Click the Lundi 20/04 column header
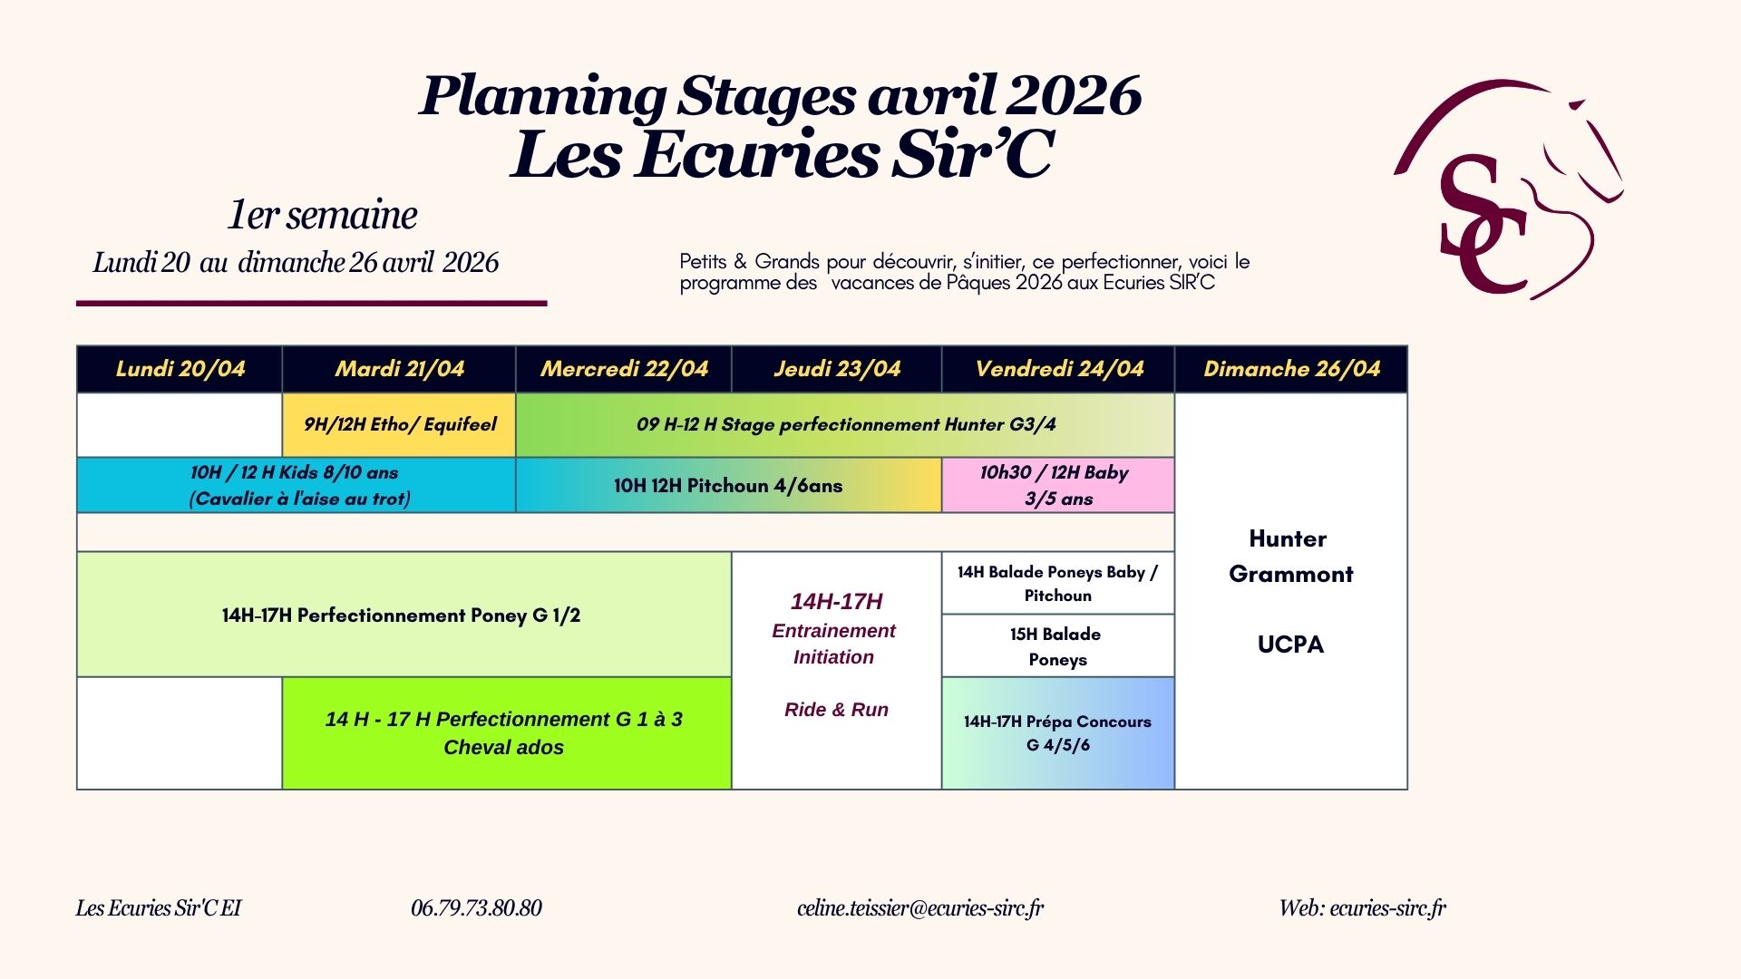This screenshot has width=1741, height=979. click(x=180, y=369)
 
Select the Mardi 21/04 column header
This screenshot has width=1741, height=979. click(x=399, y=369)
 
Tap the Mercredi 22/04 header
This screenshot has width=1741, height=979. click(x=624, y=369)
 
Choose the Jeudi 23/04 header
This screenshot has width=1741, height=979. click(x=837, y=369)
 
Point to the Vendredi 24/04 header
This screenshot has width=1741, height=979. click(x=1058, y=369)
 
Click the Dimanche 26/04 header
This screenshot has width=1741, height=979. click(x=1291, y=369)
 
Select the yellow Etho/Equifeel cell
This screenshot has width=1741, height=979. click(x=399, y=425)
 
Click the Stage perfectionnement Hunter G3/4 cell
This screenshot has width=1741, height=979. click(x=845, y=425)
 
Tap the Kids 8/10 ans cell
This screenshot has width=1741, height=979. click(x=297, y=485)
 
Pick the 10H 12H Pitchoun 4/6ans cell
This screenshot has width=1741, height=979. click(x=728, y=485)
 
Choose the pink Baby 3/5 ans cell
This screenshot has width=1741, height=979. click(x=1058, y=485)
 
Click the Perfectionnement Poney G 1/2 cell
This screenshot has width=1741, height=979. click(x=404, y=615)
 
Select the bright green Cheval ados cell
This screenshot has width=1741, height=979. click(x=507, y=733)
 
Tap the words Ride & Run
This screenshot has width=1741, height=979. click(x=836, y=710)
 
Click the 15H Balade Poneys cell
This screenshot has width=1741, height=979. click(x=1058, y=646)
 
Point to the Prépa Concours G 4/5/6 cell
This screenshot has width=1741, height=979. click(x=1058, y=733)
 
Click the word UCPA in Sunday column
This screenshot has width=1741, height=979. click(x=1290, y=645)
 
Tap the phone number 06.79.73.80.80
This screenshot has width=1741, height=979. click(x=476, y=908)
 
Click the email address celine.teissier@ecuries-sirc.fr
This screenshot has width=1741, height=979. click(x=920, y=908)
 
